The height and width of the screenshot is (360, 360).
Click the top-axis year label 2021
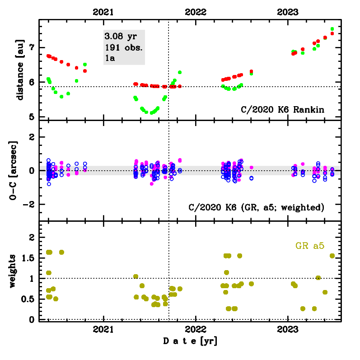click(103, 12)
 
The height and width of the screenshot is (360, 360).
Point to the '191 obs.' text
click(120, 47)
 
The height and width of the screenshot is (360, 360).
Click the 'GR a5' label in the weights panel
click(310, 246)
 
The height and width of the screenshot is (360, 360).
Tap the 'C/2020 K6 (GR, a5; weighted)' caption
click(256, 207)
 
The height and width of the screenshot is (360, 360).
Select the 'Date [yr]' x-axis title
click(190, 342)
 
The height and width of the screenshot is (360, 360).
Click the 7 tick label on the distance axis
click(30, 47)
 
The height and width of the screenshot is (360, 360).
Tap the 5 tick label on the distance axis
click(30, 117)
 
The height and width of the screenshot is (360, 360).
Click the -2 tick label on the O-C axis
click(28, 204)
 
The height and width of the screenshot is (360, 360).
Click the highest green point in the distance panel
click(332, 29)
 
